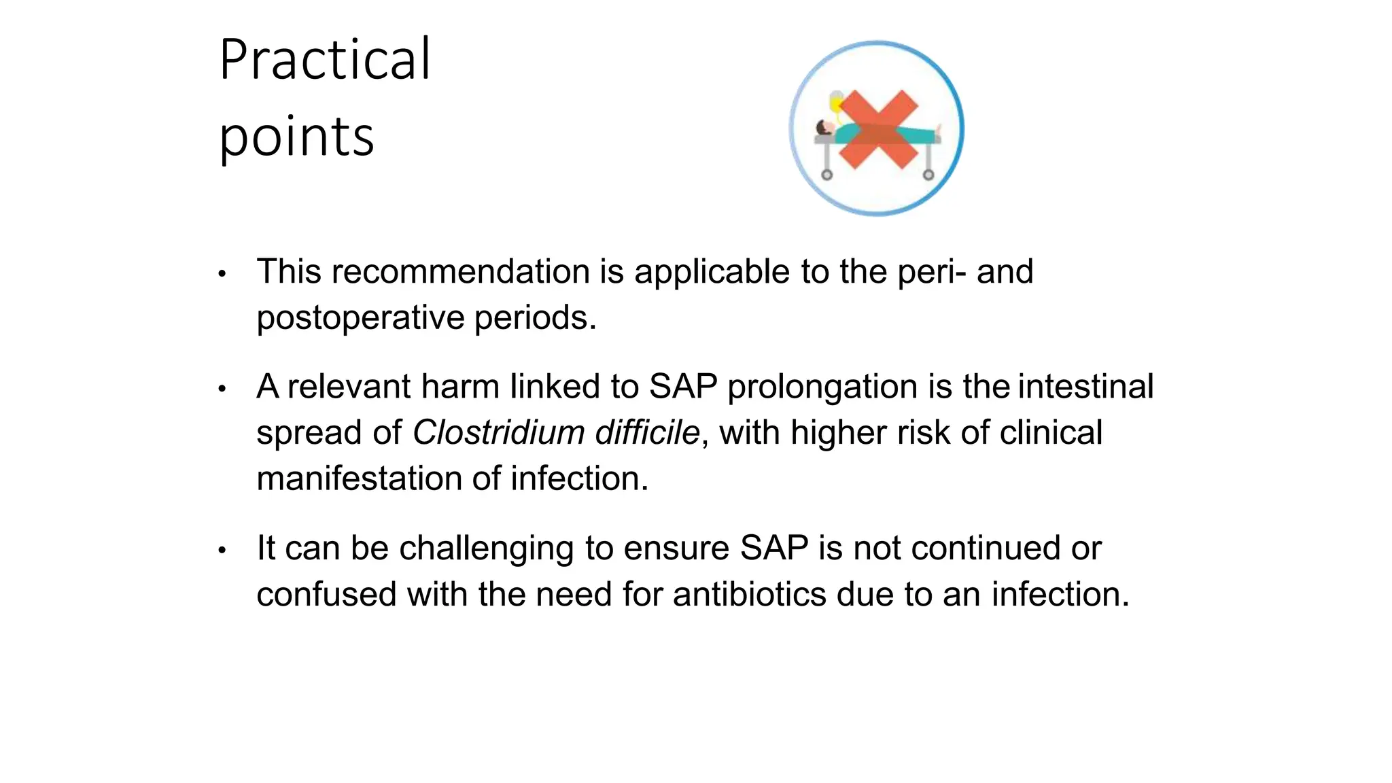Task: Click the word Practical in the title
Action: pyautogui.click(x=325, y=60)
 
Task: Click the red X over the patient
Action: pyautogui.click(x=878, y=128)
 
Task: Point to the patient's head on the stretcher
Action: pyautogui.click(x=824, y=128)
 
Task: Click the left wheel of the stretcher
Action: pyautogui.click(x=826, y=175)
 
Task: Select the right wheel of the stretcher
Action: pyautogui.click(x=928, y=175)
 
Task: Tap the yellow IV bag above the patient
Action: pyautogui.click(x=837, y=102)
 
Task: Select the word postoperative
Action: pyautogui.click(x=360, y=317)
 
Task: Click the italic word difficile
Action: pyautogui.click(x=647, y=433)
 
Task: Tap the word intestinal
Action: pyautogui.click(x=1085, y=387)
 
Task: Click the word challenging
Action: pyautogui.click(x=486, y=549)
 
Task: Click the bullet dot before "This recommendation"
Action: pyautogui.click(x=222, y=274)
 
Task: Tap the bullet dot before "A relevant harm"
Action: pyautogui.click(x=222, y=389)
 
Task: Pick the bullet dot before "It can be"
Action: pyautogui.click(x=222, y=550)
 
